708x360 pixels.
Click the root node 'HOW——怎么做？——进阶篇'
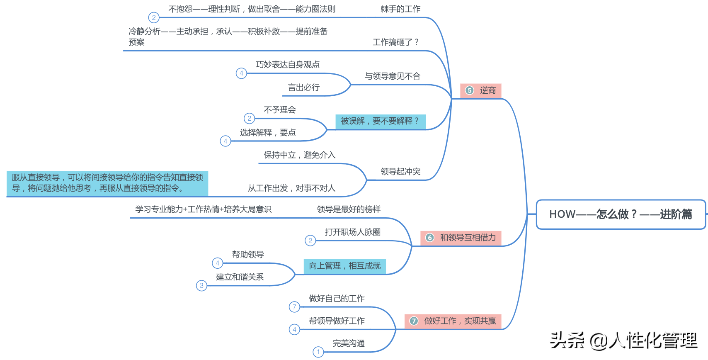pos(621,214)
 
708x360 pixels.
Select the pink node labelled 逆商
pos(480,90)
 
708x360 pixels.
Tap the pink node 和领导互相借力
pos(461,238)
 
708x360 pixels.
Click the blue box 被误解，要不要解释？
pos(380,121)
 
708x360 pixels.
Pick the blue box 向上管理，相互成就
pos(344,266)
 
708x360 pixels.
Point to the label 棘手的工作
pos(400,9)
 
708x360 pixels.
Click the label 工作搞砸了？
pos(396,42)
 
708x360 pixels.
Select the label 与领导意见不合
pos(392,76)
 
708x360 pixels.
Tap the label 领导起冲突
pos(400,172)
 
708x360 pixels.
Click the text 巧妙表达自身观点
pos(288,65)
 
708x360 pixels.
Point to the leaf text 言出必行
pos(303,88)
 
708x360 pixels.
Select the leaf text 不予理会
pos(280,110)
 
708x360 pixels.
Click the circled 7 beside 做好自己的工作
pos(294,307)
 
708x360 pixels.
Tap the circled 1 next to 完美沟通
pos(318,352)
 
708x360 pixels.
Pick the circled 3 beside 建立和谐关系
pos(201,286)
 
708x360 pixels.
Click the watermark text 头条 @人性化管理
pos(623,341)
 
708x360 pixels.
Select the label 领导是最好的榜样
pos(349,209)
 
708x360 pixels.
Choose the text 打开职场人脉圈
pos(353,232)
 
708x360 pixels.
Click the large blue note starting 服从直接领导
pos(107,183)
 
